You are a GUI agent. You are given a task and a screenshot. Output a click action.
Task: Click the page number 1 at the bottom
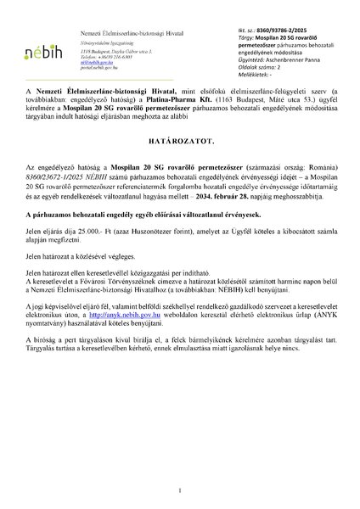click(x=180, y=489)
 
